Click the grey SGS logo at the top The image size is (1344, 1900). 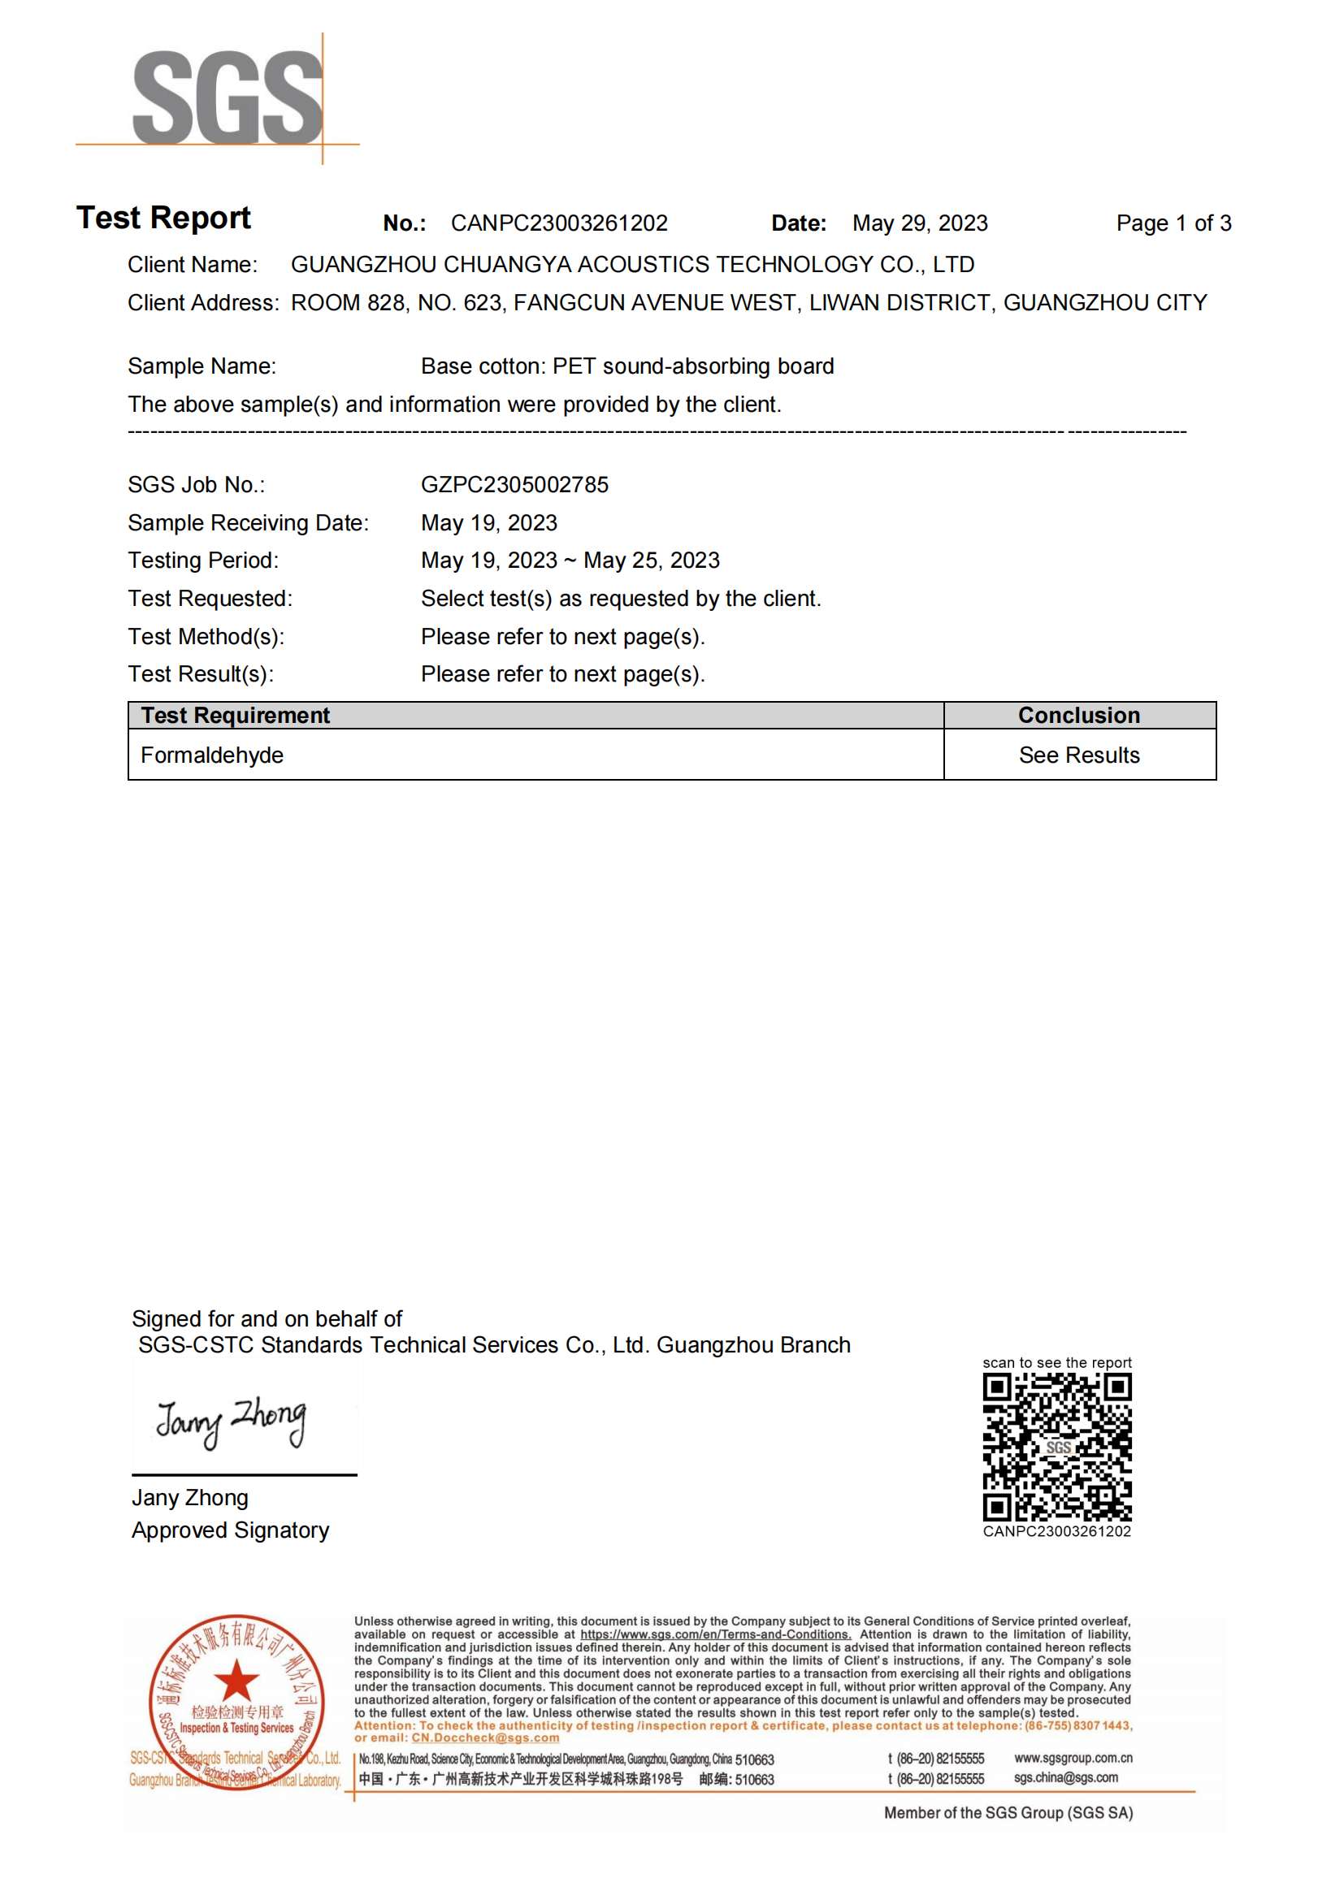(x=227, y=97)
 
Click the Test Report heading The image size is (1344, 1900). (x=163, y=218)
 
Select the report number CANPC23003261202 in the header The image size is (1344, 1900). (x=558, y=223)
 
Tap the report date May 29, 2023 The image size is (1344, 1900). (x=920, y=223)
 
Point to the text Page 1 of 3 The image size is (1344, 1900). (x=1173, y=223)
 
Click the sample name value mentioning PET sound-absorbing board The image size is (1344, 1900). (x=626, y=366)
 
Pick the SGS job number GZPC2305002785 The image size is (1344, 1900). (x=514, y=485)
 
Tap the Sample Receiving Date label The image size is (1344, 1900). (x=248, y=523)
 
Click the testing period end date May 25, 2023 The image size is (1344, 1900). (x=652, y=560)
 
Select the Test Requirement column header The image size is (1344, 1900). (x=235, y=715)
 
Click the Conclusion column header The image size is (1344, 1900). (x=1078, y=715)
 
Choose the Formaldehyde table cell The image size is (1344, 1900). (x=212, y=755)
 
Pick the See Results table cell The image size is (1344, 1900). (x=1078, y=755)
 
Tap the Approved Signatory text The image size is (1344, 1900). (x=230, y=1530)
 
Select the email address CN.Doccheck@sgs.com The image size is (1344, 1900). (x=485, y=1738)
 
